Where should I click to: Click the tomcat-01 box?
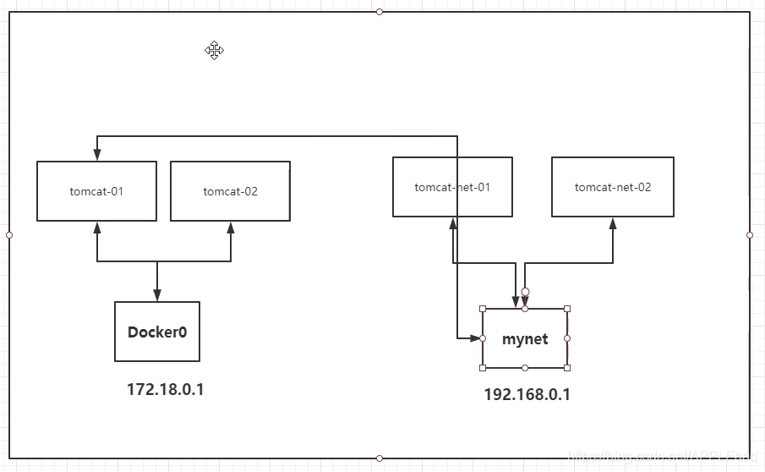(96, 191)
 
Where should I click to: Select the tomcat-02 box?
(230, 191)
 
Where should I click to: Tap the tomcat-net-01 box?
(452, 187)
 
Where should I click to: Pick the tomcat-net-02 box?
(613, 187)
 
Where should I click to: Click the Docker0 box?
(157, 332)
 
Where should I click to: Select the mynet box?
(525, 338)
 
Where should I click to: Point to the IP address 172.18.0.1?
(166, 389)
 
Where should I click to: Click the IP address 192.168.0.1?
(527, 394)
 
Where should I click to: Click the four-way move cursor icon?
(214, 51)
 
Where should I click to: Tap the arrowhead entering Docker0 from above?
(157, 295)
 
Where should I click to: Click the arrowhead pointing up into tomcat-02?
(231, 228)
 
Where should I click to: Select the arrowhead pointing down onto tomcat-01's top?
(97, 155)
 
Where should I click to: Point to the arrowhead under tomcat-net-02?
(613, 223)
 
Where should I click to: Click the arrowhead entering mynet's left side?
(476, 338)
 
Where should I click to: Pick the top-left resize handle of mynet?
(483, 309)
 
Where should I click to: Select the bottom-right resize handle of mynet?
(567, 368)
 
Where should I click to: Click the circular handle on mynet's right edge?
(567, 338)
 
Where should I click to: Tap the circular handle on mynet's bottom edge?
(525, 368)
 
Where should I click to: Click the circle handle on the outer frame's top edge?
(380, 12)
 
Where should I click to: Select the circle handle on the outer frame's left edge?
(9, 235)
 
